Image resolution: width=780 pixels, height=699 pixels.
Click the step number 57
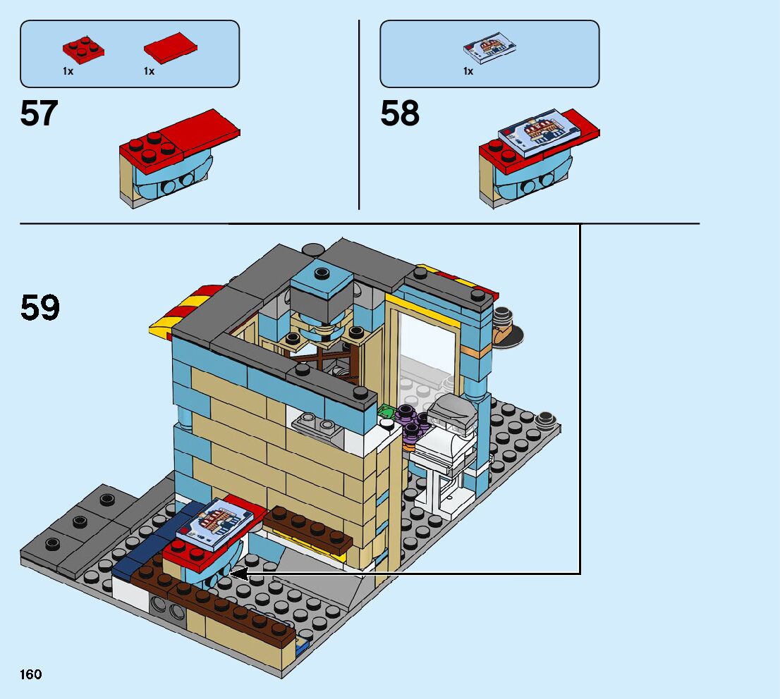point(39,114)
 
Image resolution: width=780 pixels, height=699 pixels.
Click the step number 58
point(400,114)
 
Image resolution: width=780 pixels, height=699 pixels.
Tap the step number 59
point(40,308)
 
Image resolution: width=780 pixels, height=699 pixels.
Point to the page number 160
point(31,675)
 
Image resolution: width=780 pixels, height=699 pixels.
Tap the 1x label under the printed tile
point(468,71)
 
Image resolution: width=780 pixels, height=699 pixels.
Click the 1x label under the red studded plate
point(68,71)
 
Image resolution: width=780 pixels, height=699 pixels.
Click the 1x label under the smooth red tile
point(149,71)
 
